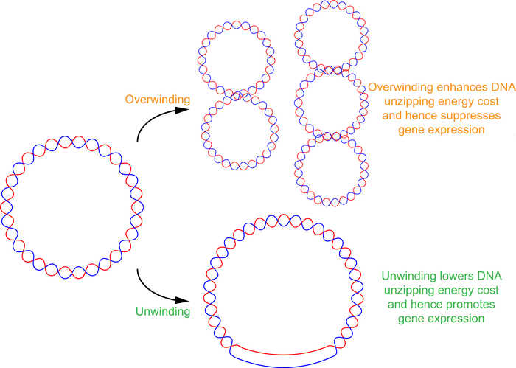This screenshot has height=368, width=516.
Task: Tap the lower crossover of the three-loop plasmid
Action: (x=327, y=136)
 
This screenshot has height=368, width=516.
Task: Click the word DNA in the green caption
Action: (x=486, y=277)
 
